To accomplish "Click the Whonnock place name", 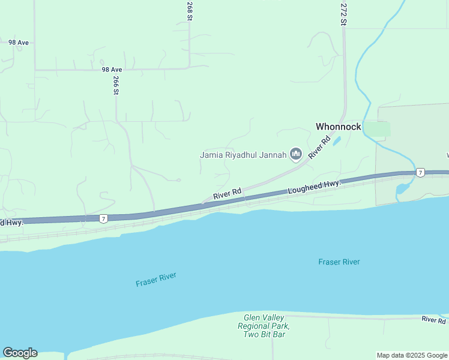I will coord(339,127).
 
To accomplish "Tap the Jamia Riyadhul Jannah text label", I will coord(243,155).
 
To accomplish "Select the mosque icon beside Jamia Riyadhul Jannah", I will coord(295,155).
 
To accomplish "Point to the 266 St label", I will coord(116,86).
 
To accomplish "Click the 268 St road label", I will coord(190,11).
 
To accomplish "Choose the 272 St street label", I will coord(344,13).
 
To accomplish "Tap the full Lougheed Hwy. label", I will coord(314,187).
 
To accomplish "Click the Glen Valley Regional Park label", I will coord(267,326).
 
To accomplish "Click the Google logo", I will coord(20,352).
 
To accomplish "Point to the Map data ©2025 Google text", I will coord(411,355).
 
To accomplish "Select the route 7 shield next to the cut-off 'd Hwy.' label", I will coord(104,219).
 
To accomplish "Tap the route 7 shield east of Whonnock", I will coord(421,173).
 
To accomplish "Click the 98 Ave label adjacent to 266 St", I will coord(112,70).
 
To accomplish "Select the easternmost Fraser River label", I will coord(339,262).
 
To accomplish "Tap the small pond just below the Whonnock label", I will coord(336,142).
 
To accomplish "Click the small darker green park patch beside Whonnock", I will coord(377,128).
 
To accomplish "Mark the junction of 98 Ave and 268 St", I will coord(190,67).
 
